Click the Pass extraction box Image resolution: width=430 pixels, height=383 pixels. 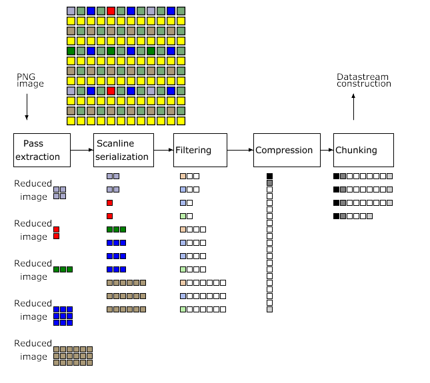pos(41,150)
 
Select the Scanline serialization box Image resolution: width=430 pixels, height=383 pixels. pos(123,150)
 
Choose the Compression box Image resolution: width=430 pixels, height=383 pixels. pos(283,150)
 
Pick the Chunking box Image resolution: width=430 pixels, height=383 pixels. pos(363,150)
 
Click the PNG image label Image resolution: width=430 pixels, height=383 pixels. pos(30,81)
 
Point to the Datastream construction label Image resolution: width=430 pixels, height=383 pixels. pos(363,81)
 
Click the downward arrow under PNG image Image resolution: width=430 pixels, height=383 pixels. pos(27,107)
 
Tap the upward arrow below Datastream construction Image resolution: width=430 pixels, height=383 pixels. pos(353,107)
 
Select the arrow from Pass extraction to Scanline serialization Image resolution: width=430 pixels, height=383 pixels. pos(81,151)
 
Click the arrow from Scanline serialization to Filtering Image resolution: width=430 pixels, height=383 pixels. pos(163,151)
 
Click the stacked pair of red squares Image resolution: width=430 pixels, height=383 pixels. pos(57,232)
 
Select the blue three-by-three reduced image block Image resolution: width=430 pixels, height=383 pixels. pos(63,316)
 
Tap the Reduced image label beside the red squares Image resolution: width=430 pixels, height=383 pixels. pos(33,230)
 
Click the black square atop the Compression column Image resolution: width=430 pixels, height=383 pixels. pos(269,176)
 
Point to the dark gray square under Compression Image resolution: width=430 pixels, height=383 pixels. pos(269,183)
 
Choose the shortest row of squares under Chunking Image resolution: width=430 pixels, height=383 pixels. pos(353,216)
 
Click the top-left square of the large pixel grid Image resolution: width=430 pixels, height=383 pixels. pos(71,11)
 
